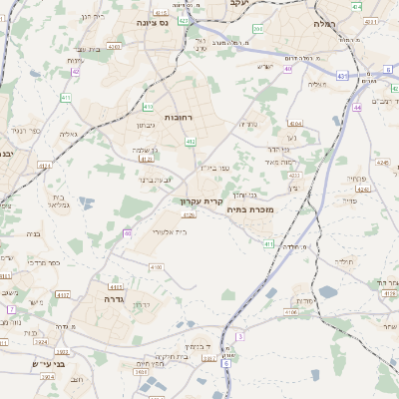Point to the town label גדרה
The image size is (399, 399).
pyautogui.click(x=106, y=297)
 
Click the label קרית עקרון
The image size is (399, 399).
pyautogui.click(x=200, y=200)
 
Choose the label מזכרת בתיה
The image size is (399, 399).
pyautogui.click(x=249, y=209)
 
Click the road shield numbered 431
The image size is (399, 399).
pyautogui.click(x=342, y=76)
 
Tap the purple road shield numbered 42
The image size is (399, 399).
pyautogui.click(x=77, y=72)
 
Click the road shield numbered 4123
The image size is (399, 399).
pyautogui.click(x=147, y=159)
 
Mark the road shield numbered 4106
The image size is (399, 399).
pyautogui.click(x=291, y=312)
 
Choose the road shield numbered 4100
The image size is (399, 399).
pyautogui.click(x=156, y=267)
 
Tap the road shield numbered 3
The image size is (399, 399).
pyautogui.click(x=240, y=337)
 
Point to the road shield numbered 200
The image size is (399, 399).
pyautogui.click(x=257, y=29)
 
